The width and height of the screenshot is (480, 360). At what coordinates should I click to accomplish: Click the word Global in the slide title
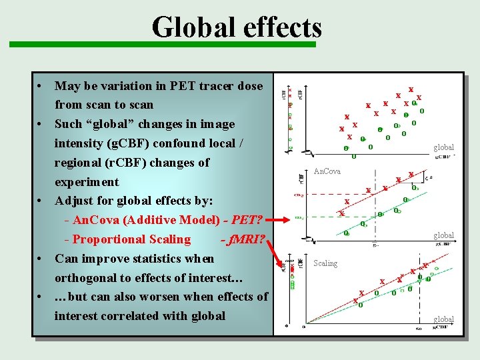(192, 28)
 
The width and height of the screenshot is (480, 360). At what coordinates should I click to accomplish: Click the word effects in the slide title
(281, 28)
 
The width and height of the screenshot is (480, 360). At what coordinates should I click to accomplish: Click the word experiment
(87, 182)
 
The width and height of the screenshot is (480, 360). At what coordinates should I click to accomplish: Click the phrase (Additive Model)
(171, 220)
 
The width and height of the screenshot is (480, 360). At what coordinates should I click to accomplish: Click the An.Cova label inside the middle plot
(327, 171)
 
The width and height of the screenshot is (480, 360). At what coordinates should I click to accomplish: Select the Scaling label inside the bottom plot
(325, 263)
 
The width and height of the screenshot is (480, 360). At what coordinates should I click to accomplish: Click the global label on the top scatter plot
(443, 147)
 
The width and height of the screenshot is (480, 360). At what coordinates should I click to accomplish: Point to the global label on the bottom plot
(443, 319)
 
